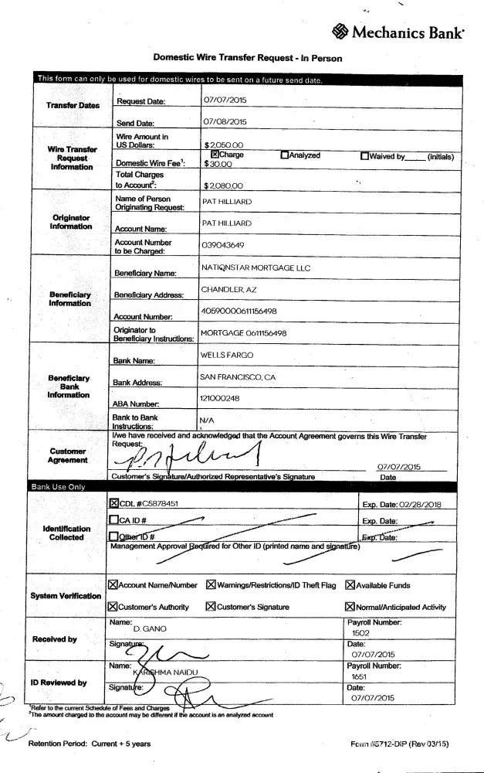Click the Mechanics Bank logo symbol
point(340,32)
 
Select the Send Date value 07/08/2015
point(225,122)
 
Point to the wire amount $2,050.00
point(224,145)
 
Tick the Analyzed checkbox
point(285,155)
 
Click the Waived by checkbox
point(364,155)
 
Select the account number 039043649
point(222,245)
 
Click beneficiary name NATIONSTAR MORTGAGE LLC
point(255,268)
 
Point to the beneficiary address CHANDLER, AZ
point(228,289)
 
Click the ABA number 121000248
point(219,397)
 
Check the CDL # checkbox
point(113,503)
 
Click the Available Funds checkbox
point(350,585)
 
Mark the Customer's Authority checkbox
point(113,607)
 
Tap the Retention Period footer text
point(90,744)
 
